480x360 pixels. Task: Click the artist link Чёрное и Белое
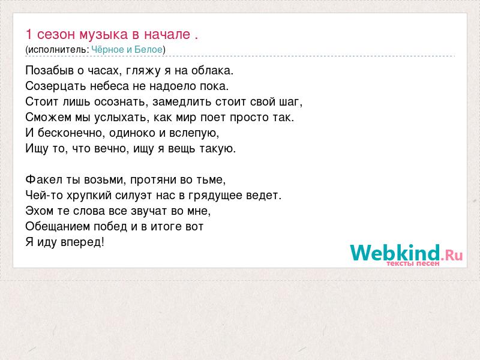127,50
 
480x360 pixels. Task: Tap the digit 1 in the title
29,34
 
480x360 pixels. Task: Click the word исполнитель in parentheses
57,50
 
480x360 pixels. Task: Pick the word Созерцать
55,86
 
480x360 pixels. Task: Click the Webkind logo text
395,253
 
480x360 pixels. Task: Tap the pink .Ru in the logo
452,254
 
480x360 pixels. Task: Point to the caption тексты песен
413,263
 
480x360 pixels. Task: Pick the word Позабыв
50,71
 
